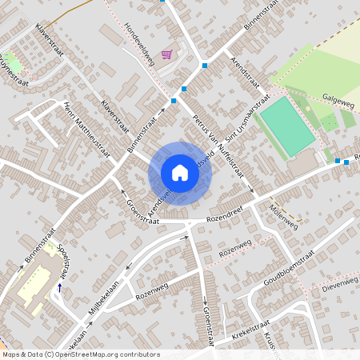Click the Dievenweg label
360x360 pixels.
[x=339, y=282]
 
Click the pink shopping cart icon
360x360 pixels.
[x=166, y=54]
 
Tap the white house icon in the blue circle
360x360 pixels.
[x=180, y=172]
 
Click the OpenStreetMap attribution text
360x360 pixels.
[x=81, y=354]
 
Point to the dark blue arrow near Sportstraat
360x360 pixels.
[x=59, y=286]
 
